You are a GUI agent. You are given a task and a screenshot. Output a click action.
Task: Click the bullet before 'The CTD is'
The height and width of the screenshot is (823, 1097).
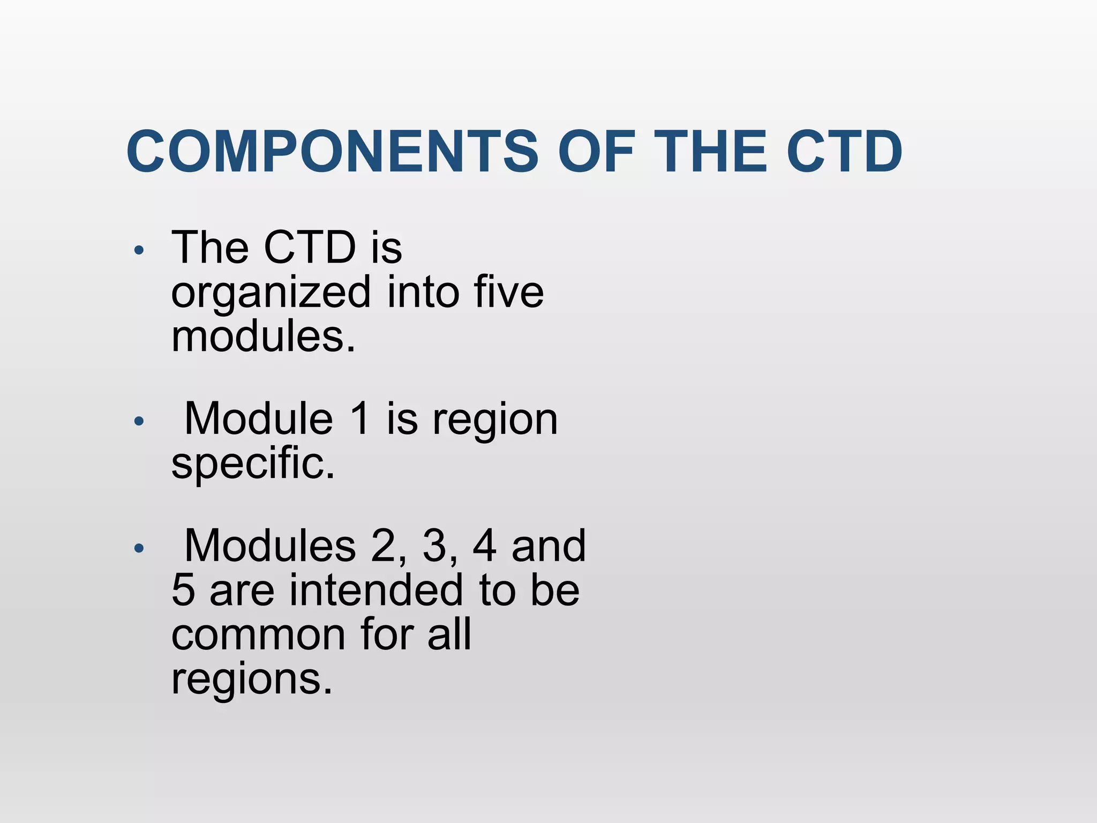point(139,250)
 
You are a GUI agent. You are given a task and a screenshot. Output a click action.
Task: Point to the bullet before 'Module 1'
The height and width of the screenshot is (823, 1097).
point(139,421)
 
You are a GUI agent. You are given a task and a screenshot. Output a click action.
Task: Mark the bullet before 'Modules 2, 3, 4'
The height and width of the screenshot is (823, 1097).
point(139,548)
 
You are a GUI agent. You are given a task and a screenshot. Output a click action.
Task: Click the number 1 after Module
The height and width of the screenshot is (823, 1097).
point(360,419)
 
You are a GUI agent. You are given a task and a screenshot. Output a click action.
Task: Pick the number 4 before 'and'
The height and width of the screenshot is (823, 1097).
point(485,547)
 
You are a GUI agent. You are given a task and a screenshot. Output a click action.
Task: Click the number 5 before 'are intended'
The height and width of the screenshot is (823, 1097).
point(183,590)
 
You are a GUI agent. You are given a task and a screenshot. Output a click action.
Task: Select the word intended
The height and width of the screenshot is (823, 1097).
point(377,590)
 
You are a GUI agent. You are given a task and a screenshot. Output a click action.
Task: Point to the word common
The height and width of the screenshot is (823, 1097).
point(258,635)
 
